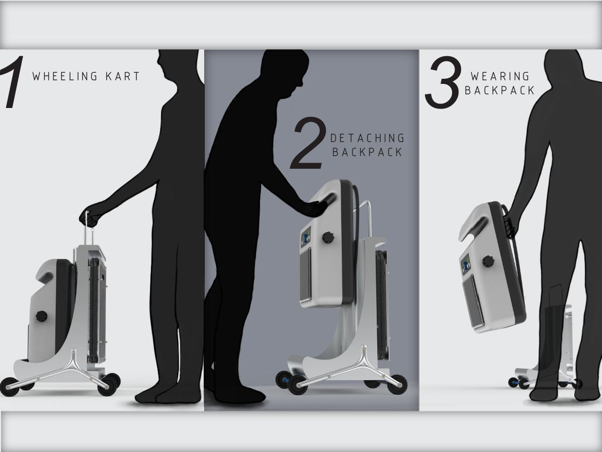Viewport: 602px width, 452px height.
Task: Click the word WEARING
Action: pyautogui.click(x=500, y=76)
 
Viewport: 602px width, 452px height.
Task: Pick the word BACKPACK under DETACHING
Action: pyautogui.click(x=367, y=152)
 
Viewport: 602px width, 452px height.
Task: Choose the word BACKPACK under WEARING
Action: pyautogui.click(x=500, y=90)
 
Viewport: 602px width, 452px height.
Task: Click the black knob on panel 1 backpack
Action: pyautogui.click(x=41, y=316)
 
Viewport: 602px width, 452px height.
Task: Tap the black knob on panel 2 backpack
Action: pyautogui.click(x=329, y=237)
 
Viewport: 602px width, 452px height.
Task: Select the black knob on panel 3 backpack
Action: pyautogui.click(x=488, y=261)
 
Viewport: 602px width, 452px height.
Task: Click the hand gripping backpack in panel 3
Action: pyautogui.click(x=509, y=221)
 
